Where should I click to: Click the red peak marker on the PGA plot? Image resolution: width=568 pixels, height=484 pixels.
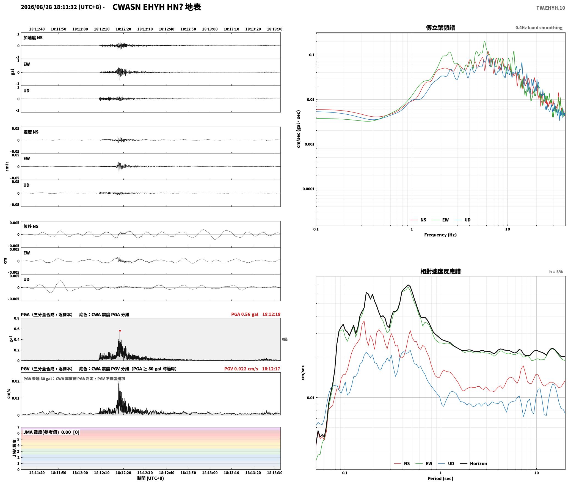coord(120,331)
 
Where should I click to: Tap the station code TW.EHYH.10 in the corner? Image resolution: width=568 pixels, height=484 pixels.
coord(551,8)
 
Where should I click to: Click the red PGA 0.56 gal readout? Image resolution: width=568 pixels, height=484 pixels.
coord(245,314)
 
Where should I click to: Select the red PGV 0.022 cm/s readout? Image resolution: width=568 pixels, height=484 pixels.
coord(241,369)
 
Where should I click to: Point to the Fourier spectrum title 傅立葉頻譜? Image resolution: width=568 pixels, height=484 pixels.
coord(440,28)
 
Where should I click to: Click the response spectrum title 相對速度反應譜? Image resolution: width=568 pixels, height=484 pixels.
coord(440,271)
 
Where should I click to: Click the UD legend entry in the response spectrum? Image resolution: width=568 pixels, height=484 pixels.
coord(446,464)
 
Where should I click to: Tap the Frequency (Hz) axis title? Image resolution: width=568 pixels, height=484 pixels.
coord(440,235)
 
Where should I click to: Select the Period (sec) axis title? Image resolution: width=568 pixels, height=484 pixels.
coord(440,479)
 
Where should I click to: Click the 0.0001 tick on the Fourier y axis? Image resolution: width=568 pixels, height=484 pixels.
coord(308,189)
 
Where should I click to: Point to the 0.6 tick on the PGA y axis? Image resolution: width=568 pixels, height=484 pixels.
coord(16,329)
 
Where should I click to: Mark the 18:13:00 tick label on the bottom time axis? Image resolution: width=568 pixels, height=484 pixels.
coord(210,473)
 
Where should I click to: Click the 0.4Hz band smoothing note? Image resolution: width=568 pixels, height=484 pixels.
coord(539,28)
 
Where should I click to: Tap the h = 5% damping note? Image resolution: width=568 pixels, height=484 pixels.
coord(556,272)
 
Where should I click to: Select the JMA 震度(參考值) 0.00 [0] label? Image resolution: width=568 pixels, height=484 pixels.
coord(51,432)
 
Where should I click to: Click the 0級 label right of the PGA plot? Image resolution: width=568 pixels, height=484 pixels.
coord(285,339)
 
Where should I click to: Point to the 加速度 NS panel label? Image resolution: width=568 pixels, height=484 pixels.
coord(33,38)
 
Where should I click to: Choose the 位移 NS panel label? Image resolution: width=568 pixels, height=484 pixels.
coord(31,226)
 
